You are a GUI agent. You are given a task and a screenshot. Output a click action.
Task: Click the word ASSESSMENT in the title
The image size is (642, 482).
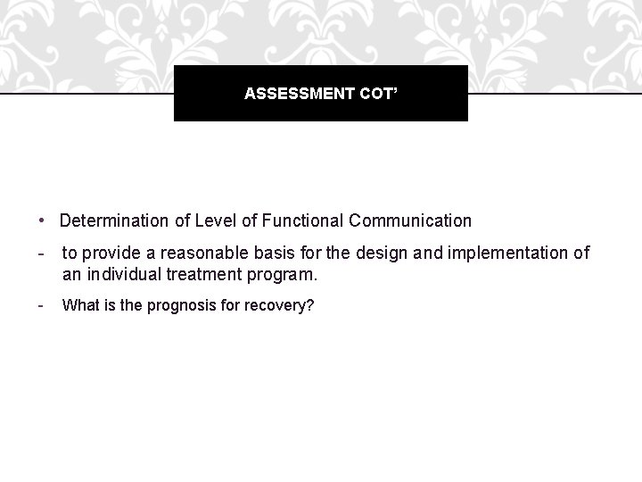(288, 93)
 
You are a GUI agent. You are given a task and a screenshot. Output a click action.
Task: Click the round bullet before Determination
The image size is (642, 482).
(43, 220)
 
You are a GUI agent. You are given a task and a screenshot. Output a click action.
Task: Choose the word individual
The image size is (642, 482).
(119, 274)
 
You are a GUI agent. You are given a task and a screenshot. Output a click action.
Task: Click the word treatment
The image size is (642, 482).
(202, 274)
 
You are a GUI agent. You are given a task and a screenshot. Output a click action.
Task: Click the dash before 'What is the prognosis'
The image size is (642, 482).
(42, 306)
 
